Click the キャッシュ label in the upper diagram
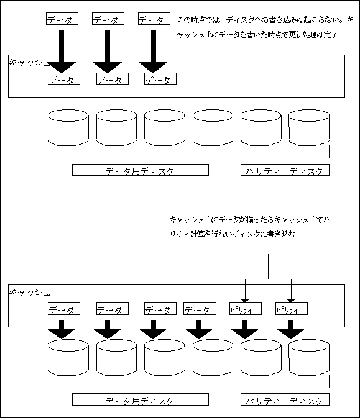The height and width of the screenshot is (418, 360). click(30, 63)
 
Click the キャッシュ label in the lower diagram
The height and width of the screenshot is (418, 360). click(30, 293)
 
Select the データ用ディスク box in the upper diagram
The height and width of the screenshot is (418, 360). click(141, 170)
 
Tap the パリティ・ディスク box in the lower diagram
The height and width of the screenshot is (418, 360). click(285, 399)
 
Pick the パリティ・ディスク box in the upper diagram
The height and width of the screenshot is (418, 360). click(285, 170)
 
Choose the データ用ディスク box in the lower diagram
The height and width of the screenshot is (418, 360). click(141, 399)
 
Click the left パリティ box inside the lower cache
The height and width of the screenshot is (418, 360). click(246, 309)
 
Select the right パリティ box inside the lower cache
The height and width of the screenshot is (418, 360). click(292, 309)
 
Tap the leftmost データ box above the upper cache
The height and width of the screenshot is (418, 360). click(62, 19)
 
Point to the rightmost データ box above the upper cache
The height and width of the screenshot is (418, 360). click(154, 19)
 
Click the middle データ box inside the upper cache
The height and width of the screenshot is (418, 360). click(113, 79)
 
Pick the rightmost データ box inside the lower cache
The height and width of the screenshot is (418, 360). click(200, 309)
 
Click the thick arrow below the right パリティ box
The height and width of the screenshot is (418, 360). click(291, 330)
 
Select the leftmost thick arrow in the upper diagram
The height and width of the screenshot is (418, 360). click(62, 52)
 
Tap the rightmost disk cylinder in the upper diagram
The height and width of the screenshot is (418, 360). click(309, 127)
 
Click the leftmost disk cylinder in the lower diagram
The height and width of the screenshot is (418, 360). click(68, 357)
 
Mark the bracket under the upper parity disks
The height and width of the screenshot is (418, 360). click(285, 158)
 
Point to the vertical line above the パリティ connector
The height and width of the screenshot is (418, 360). click(268, 266)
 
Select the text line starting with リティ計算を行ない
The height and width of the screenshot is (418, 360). click(233, 234)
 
